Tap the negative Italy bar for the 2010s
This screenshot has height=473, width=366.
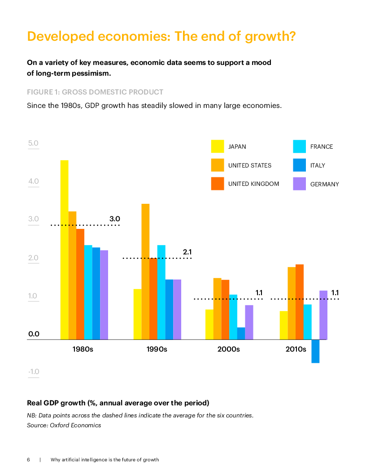pyautogui.click(x=315, y=351)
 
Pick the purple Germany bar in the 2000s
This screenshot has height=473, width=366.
pyautogui.click(x=249, y=322)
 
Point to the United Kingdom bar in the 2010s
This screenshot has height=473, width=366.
pyautogui.click(x=300, y=302)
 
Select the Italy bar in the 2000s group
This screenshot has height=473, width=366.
pyautogui.click(x=241, y=333)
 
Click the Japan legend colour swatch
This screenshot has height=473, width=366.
pyautogui.click(x=218, y=146)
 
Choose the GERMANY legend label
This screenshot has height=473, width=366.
pyautogui.click(x=325, y=184)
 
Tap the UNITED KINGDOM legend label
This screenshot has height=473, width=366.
pyautogui.click(x=253, y=184)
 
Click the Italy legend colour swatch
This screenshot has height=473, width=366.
pyautogui.click(x=299, y=165)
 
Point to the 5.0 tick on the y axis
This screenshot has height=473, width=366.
pyautogui.click(x=34, y=144)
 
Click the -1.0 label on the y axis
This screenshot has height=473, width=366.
pyautogui.click(x=34, y=372)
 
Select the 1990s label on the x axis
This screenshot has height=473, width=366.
pyautogui.click(x=157, y=349)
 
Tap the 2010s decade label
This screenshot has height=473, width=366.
pyautogui.click(x=296, y=349)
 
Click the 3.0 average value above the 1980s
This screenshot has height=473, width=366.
pyautogui.click(x=115, y=219)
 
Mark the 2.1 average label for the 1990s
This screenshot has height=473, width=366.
pyautogui.click(x=188, y=252)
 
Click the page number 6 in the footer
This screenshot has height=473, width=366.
pyautogui.click(x=28, y=460)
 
